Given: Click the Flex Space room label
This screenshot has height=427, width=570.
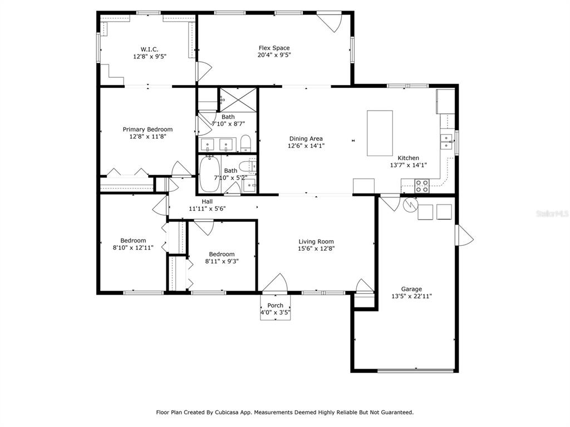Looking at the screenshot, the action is point(274,48).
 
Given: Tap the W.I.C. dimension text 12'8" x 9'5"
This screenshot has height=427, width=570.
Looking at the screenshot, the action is point(150,56).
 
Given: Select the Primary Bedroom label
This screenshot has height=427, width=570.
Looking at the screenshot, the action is point(148,129).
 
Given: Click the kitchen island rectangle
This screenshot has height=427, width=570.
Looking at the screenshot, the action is point(380,133).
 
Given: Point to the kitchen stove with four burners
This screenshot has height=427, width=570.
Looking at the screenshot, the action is point(422,186).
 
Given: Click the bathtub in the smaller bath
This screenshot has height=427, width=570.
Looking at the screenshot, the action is point(210,174).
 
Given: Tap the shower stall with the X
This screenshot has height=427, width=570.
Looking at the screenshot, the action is point(238,100).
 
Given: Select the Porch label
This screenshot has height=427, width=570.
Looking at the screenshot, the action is point(275,305).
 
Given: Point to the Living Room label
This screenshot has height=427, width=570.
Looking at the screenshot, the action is point(316,241).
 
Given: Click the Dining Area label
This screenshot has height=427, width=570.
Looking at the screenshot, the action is point(306,138).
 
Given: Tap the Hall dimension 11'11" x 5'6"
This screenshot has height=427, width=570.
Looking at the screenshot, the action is point(207,208).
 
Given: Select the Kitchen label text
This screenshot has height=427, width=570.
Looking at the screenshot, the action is point(408,158).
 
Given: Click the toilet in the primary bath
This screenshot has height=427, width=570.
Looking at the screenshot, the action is point(246,143).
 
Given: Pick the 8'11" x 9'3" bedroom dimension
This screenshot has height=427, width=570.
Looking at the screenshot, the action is point(222,261).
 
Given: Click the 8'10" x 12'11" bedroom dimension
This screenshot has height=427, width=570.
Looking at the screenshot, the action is point(133,247).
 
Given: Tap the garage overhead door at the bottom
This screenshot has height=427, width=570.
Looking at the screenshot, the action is point(416,371).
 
